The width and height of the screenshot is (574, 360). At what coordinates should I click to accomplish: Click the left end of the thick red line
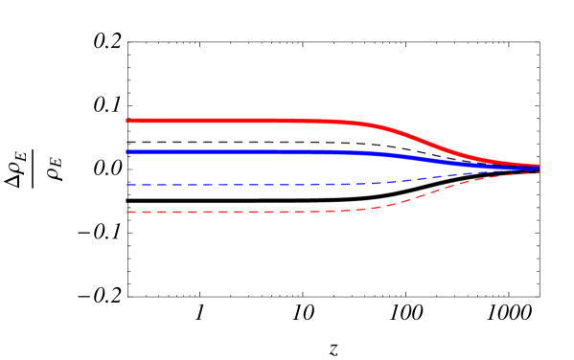point(126,121)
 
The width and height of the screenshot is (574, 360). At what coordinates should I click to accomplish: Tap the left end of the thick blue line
point(126,151)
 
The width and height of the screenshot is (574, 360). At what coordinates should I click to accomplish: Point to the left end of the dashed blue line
point(126,184)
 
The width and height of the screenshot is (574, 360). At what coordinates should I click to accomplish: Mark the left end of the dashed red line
point(126,212)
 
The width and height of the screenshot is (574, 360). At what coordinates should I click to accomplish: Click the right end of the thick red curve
point(539,166)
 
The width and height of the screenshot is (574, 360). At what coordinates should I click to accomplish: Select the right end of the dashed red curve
point(539,171)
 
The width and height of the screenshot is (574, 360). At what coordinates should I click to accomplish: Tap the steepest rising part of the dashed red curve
point(422,194)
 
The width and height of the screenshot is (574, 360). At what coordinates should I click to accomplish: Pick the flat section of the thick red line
point(230,121)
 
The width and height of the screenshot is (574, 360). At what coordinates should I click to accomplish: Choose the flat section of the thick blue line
point(230,151)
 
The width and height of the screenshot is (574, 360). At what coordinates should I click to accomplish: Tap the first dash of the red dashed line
point(131,212)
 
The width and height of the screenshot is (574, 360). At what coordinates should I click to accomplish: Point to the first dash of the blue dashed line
point(130,184)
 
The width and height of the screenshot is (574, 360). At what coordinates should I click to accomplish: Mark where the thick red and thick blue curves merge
point(522,165)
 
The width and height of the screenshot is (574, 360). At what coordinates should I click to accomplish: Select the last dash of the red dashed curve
point(534,172)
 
